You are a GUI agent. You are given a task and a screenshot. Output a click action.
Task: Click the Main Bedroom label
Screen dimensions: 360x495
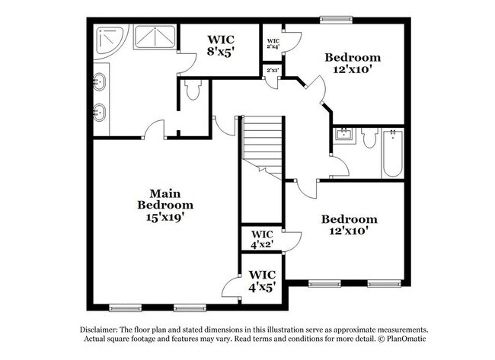pyautogui.click(x=165, y=199)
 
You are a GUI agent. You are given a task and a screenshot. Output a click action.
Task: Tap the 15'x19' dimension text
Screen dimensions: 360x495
pyautogui.click(x=165, y=216)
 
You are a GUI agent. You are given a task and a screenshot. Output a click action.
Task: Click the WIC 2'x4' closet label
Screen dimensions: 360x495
pyautogui.click(x=272, y=43)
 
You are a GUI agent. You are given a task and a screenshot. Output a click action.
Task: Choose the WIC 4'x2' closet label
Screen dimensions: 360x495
pyautogui.click(x=262, y=239)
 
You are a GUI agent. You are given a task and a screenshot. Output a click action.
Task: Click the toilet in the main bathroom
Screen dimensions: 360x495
pyautogui.click(x=192, y=91)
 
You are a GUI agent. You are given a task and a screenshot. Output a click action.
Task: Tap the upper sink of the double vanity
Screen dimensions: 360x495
pyautogui.click(x=100, y=79)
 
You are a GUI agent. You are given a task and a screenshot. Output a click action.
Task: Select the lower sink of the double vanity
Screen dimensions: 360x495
pyautogui.click(x=100, y=113)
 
